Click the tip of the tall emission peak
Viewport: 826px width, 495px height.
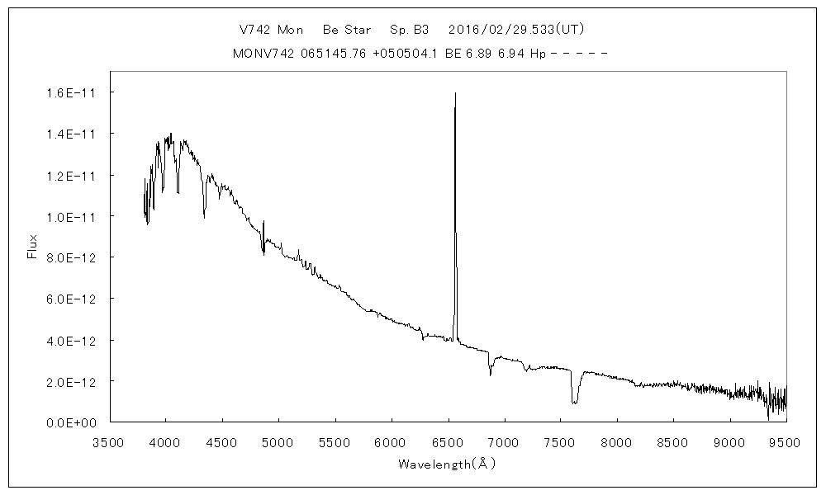(455, 93)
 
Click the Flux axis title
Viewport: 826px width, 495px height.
(33, 247)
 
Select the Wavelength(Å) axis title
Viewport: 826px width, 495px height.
(447, 464)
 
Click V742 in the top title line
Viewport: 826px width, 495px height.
(256, 29)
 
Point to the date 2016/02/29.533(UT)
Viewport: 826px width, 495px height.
(516, 29)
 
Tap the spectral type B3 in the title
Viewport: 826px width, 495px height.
(420, 29)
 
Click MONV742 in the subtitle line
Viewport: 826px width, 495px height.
(261, 54)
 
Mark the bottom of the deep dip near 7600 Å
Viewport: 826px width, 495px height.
(574, 402)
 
